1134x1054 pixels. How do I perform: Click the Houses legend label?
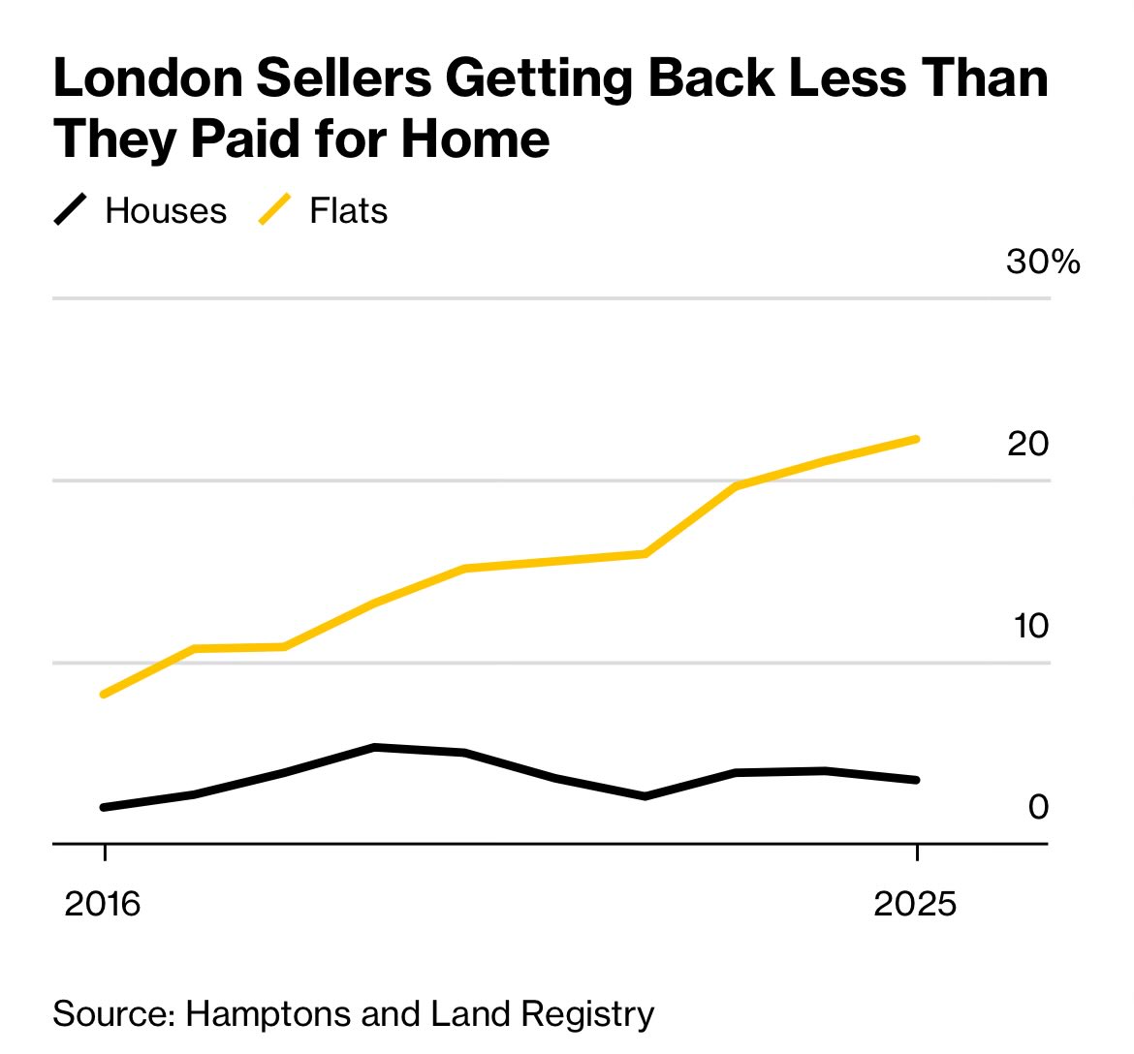point(166,211)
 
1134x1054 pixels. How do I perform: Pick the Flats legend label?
point(348,211)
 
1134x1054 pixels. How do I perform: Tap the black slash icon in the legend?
point(71,210)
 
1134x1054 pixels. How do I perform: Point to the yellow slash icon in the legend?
point(275,210)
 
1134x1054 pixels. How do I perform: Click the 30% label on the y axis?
point(1043,262)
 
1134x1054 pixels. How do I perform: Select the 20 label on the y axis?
point(1027,444)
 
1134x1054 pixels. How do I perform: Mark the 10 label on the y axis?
point(1030,626)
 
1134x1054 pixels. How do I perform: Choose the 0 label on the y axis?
point(1038,807)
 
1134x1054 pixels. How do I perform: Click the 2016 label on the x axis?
point(103,904)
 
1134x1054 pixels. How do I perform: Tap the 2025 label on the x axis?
point(915,904)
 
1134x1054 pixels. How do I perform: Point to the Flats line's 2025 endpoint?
point(916,440)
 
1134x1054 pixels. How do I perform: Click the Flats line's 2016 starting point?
point(104,695)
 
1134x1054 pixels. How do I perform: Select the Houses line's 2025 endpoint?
point(916,780)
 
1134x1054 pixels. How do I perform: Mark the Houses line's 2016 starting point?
point(104,807)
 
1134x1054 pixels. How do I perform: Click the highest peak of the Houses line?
point(375,747)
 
